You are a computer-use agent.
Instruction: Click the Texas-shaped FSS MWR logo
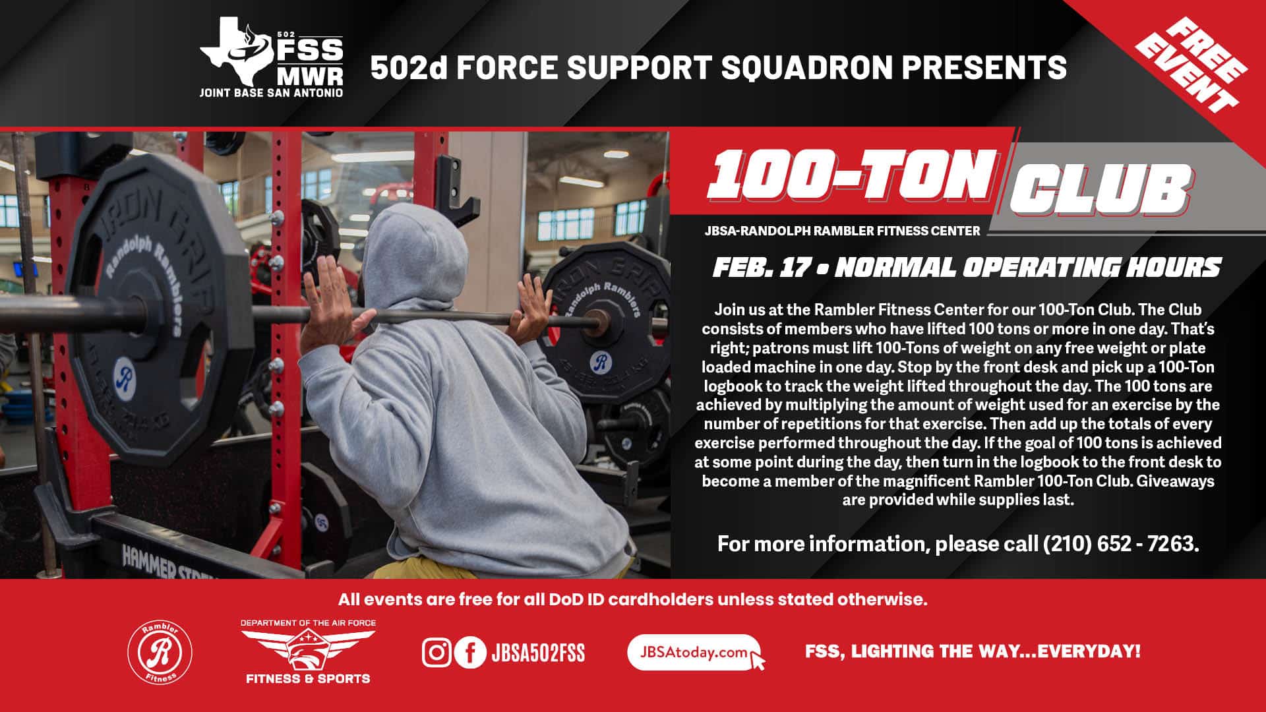[x=272, y=57]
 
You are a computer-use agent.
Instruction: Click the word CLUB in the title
[x=1099, y=188]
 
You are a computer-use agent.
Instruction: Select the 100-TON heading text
[x=851, y=175]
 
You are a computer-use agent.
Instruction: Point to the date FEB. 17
[x=761, y=267]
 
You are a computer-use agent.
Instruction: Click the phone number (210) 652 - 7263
[x=1121, y=543]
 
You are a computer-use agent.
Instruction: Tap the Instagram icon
[x=437, y=653]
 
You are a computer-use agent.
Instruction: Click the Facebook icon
[x=470, y=653]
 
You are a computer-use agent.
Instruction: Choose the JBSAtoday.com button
[x=694, y=653]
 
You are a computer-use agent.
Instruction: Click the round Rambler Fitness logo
[x=160, y=653]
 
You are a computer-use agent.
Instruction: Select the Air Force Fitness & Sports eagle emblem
[x=308, y=649]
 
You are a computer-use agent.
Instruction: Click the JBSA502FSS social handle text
[x=538, y=653]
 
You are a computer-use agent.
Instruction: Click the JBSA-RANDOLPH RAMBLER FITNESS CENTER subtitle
[x=842, y=231]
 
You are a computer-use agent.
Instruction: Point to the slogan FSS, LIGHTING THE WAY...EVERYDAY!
[x=973, y=651]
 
